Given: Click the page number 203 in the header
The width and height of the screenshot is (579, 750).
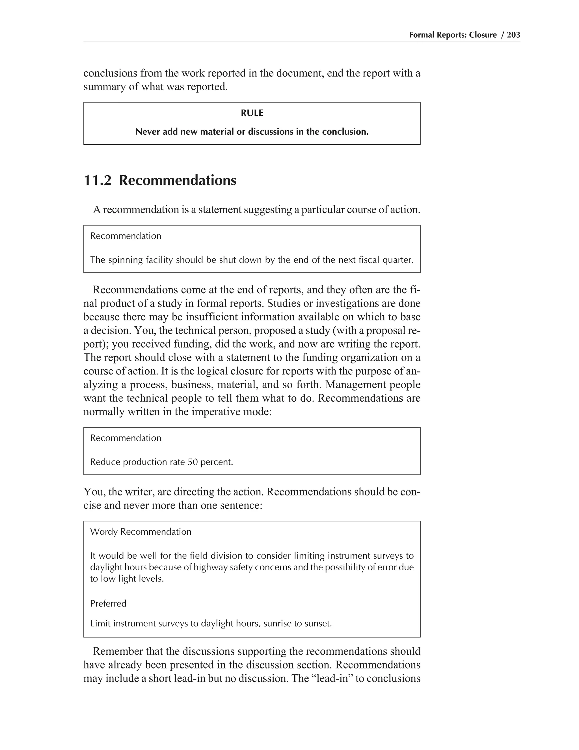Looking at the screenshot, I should point(513,35).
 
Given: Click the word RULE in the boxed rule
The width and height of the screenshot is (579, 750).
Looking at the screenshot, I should point(252,113).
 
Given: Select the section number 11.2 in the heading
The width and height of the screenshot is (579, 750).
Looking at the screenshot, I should point(98,180).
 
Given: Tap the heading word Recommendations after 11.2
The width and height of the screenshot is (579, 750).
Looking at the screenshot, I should point(178,180).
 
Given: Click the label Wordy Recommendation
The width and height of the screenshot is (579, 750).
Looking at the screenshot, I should point(141,532).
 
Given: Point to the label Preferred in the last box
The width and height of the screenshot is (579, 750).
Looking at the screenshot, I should point(108,604).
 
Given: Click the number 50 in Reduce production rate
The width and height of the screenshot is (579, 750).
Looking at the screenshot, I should point(193,462).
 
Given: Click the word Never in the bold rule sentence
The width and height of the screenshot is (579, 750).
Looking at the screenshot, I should point(148,132).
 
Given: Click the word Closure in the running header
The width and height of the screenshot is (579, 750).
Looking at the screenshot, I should point(483,35).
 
